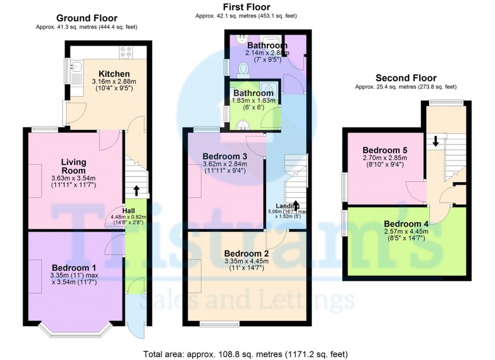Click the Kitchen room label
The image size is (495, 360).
coord(113,74)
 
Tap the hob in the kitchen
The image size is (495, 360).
coord(126,52)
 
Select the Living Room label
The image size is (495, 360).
coord(74,166)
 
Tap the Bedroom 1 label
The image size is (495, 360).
coord(74,268)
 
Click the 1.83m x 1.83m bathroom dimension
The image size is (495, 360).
coord(253,100)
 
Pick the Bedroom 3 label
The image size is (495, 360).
coord(225,156)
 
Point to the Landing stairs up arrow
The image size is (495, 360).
coord(296,206)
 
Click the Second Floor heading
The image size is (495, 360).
coord(406,78)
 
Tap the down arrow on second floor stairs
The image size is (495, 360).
coord(435,141)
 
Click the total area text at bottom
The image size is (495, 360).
coord(246,354)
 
